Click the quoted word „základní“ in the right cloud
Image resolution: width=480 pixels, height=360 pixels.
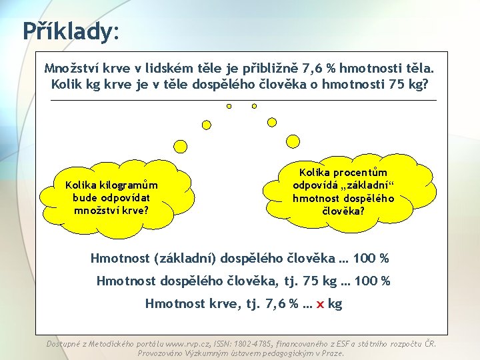(369, 185)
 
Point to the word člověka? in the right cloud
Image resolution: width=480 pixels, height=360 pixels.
(343, 211)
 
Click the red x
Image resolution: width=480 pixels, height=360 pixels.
(320, 304)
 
